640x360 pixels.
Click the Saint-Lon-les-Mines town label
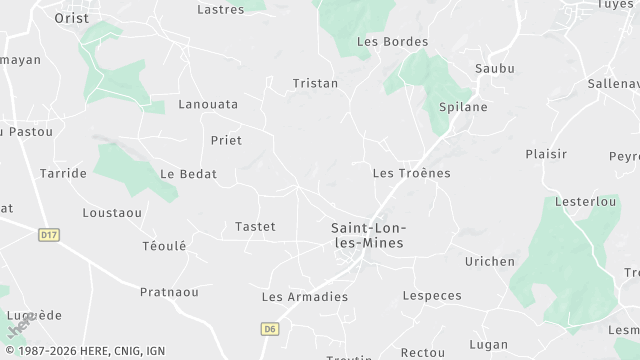(367, 235)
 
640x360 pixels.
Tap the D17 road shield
(48, 234)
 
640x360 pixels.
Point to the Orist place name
(72, 18)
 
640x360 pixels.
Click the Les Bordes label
(392, 42)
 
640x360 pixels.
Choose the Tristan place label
(315, 84)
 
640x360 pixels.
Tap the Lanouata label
(208, 104)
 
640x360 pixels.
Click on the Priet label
(226, 141)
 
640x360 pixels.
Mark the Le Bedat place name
(188, 174)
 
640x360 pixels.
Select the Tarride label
(63, 174)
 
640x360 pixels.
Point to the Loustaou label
(112, 213)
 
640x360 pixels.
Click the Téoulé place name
(164, 246)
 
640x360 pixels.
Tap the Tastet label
(254, 227)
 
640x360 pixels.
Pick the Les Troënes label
(411, 173)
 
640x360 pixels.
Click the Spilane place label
(463, 106)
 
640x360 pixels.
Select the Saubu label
(495, 69)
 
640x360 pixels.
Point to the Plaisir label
(546, 154)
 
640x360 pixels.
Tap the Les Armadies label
(304, 297)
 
